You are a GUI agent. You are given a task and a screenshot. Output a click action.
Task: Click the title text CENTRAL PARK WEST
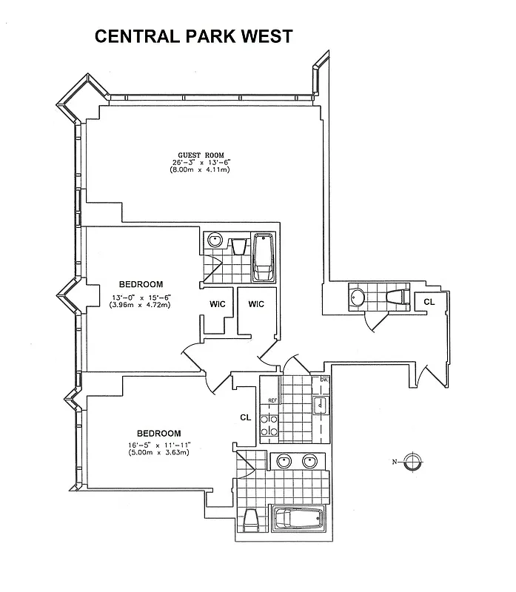(x=193, y=36)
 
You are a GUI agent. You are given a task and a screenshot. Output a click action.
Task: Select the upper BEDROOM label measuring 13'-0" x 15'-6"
(x=141, y=284)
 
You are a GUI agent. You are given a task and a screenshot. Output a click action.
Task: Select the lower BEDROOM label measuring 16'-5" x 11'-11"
(x=158, y=433)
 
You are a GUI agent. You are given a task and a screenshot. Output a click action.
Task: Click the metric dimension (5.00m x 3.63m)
(x=158, y=452)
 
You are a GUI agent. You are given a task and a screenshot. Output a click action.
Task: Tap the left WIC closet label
(x=216, y=304)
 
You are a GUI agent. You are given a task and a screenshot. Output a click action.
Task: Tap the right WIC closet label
(x=256, y=304)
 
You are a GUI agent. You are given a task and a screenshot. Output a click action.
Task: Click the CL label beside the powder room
(x=429, y=301)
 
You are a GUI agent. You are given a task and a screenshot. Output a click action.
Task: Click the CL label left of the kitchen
(x=246, y=417)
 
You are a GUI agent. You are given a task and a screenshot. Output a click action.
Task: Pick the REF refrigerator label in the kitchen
(x=272, y=400)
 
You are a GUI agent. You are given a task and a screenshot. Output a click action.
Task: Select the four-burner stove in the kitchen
(x=270, y=425)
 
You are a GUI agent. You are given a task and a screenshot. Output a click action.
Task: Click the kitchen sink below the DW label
(x=321, y=405)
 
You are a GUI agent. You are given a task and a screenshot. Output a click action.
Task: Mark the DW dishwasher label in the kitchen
(x=324, y=380)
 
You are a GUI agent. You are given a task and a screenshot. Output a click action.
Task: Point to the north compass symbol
(x=413, y=462)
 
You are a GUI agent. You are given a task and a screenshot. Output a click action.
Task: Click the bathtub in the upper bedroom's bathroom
(x=264, y=256)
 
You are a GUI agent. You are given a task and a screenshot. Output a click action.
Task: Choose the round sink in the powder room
(x=358, y=297)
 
